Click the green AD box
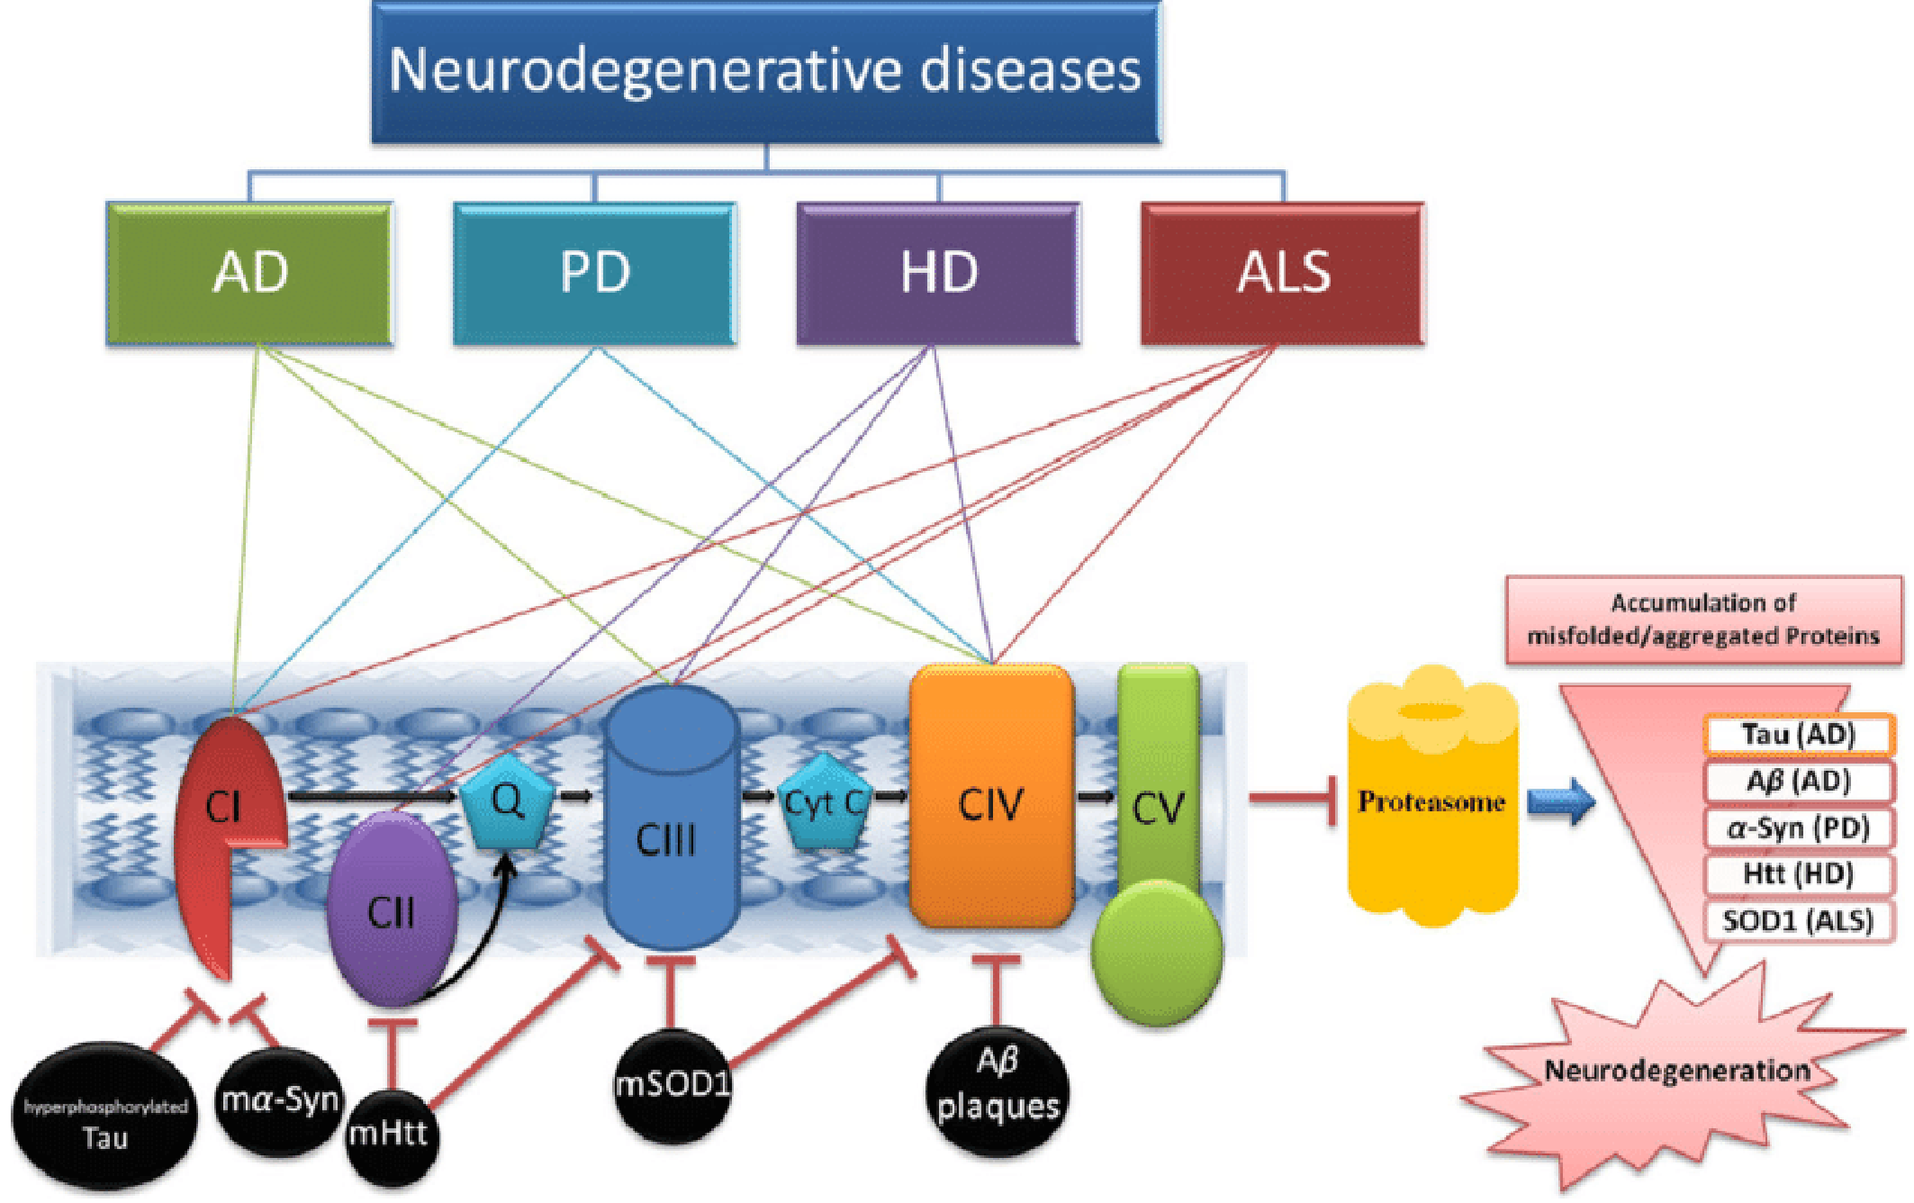(x=249, y=273)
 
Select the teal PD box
(x=594, y=273)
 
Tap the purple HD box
(x=938, y=273)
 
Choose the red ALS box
(x=1283, y=273)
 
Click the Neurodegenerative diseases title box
(x=766, y=72)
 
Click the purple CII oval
(x=391, y=909)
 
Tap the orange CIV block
(x=991, y=797)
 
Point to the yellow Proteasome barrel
(x=1431, y=797)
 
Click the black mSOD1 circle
(x=672, y=1085)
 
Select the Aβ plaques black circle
(x=998, y=1090)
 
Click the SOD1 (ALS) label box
(x=1797, y=921)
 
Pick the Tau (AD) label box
(x=1798, y=735)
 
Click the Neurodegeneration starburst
(x=1676, y=1076)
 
